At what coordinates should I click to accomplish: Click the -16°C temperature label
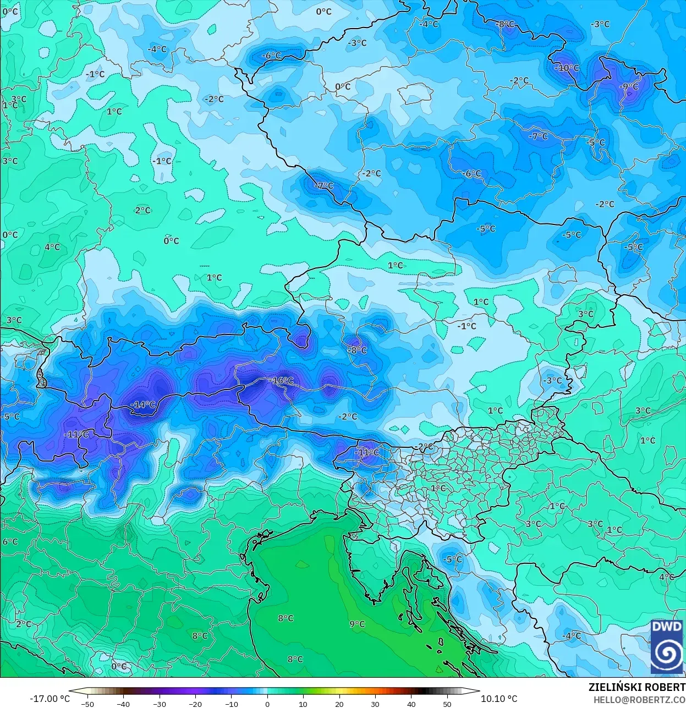tap(282, 381)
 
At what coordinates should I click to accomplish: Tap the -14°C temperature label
tap(143, 404)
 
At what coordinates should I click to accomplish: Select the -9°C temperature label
tap(628, 87)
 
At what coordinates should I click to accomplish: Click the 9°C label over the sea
tap(357, 624)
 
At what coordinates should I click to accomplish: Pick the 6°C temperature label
tap(10, 541)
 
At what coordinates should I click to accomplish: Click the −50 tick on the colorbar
tap(87, 704)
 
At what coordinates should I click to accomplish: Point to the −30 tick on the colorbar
tap(159, 704)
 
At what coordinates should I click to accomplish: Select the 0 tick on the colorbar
tap(267, 704)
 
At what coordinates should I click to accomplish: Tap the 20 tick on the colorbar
tap(339, 704)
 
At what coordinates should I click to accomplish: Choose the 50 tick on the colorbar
tap(447, 704)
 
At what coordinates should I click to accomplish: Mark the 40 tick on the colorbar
tap(411, 704)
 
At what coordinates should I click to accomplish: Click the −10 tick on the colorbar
tap(231, 704)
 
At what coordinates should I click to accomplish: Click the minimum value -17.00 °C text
tap(50, 699)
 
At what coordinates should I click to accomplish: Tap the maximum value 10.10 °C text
tap(499, 699)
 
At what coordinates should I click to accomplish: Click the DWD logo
tap(666, 646)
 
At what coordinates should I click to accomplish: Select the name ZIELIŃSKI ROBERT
tap(636, 687)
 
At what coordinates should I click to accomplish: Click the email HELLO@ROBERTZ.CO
tap(639, 699)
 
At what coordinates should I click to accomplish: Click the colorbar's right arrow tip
tap(478, 691)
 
